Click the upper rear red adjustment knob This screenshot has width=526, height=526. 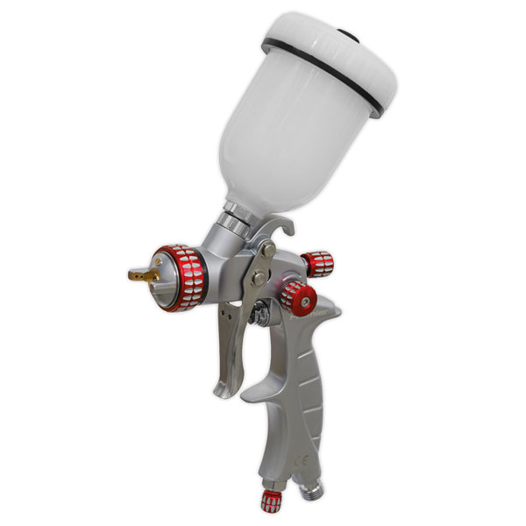[x=318, y=261]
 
